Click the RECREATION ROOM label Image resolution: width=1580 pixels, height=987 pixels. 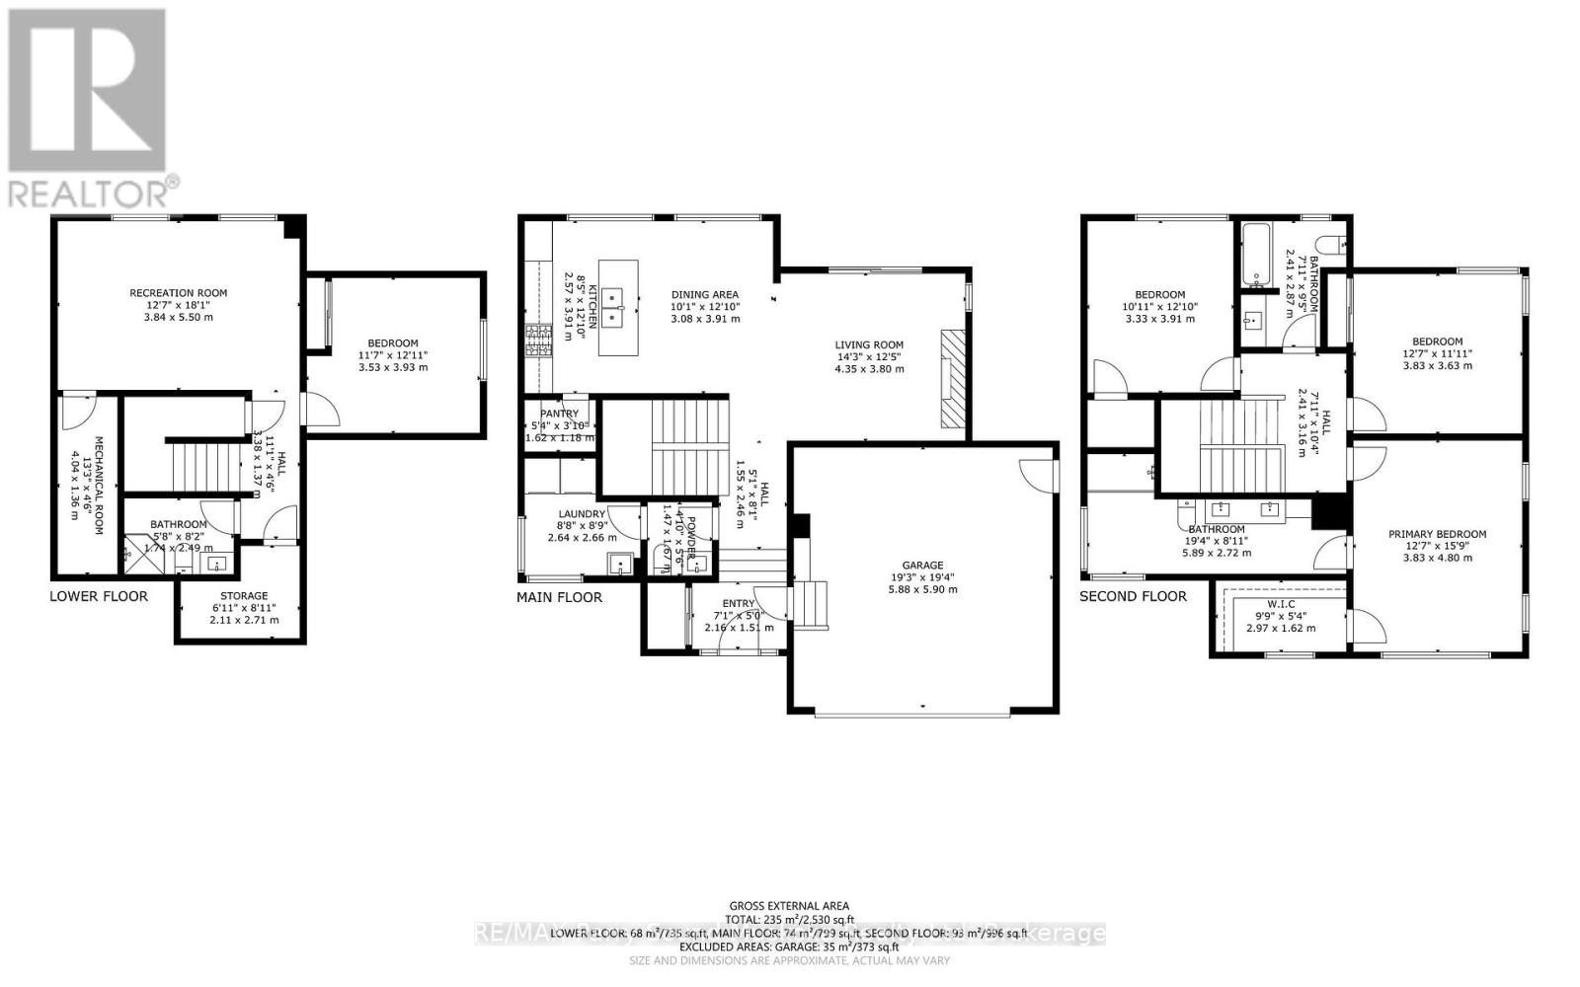[x=178, y=293]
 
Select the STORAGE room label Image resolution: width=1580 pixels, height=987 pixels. [x=244, y=596]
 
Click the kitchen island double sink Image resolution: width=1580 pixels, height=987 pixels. [x=618, y=307]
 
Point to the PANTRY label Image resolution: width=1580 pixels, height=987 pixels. [x=558, y=414]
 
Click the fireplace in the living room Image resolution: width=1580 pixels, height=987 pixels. [x=951, y=378]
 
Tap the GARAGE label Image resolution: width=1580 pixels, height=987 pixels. [x=920, y=566]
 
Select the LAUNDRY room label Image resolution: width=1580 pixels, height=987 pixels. [x=581, y=514]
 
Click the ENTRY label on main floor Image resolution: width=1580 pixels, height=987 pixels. [x=739, y=603]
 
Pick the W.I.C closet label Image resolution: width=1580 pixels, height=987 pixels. [x=1280, y=604]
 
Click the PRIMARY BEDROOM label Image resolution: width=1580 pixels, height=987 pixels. [x=1437, y=534]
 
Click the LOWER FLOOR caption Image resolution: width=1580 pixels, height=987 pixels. [x=99, y=596]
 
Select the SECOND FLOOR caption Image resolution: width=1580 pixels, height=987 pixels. [x=1133, y=596]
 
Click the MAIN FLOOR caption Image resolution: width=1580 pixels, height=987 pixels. [x=559, y=597]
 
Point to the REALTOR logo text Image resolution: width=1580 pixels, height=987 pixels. [x=94, y=189]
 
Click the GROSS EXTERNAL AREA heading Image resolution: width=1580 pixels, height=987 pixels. [x=788, y=905]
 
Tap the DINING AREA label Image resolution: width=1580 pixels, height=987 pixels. [x=705, y=294]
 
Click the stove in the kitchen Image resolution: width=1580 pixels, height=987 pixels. [x=539, y=341]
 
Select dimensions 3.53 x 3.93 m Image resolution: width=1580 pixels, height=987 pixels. [x=392, y=367]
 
